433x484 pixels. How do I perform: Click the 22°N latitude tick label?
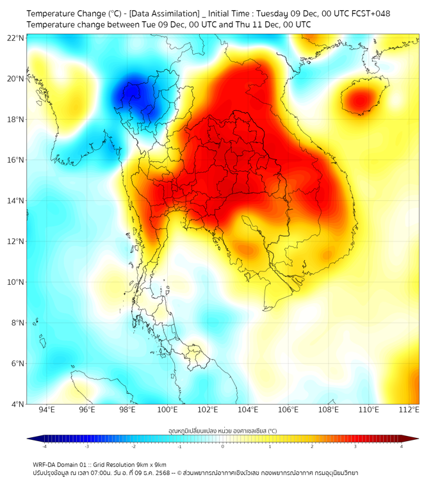click(x=15, y=38)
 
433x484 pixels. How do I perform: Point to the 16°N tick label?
click(x=15, y=160)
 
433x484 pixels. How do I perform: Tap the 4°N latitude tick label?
click(x=17, y=404)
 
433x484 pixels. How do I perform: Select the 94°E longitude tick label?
click(x=47, y=410)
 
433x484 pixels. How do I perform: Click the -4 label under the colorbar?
click(x=44, y=446)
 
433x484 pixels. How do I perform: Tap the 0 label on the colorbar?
click(x=223, y=446)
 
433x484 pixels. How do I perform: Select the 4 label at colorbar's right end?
click(x=402, y=446)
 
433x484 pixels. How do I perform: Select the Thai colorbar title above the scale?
click(x=222, y=431)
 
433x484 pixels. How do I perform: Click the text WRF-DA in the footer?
click(x=45, y=465)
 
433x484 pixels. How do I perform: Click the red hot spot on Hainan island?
click(x=359, y=100)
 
